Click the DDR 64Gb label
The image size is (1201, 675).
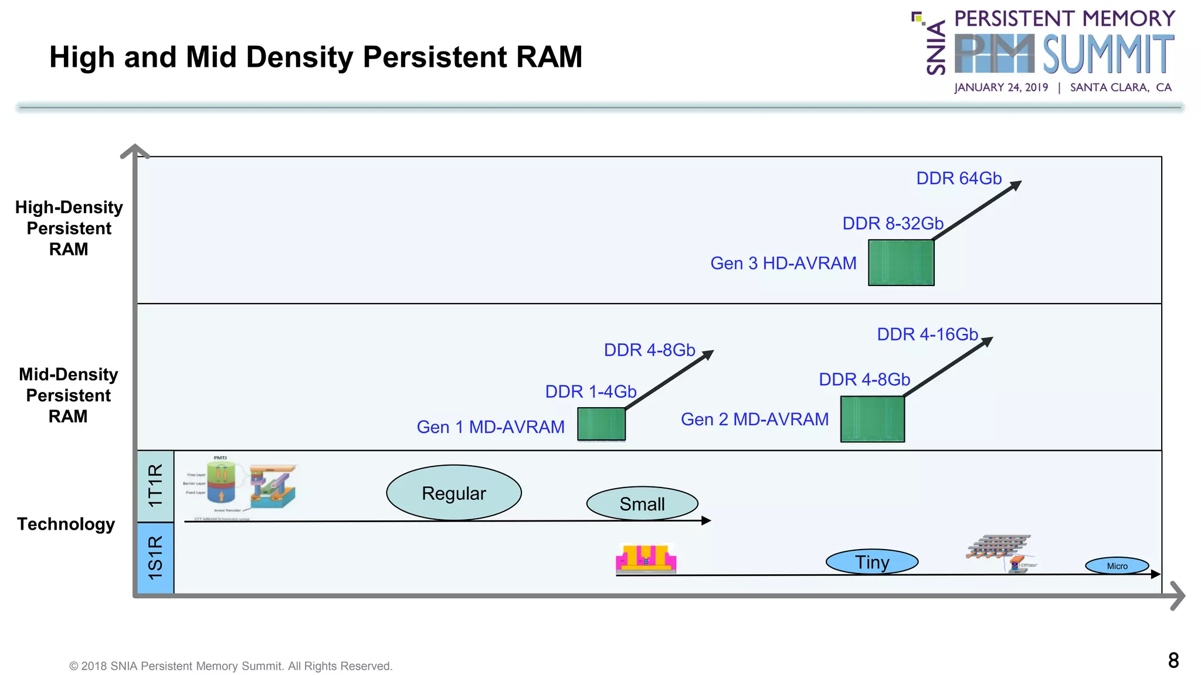(x=958, y=178)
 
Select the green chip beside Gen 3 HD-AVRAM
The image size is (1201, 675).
(x=901, y=262)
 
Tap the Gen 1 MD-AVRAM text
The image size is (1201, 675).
(x=490, y=427)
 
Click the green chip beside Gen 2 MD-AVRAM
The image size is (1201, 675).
(x=872, y=419)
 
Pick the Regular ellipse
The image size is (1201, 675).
(x=453, y=493)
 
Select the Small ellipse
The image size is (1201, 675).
(x=642, y=503)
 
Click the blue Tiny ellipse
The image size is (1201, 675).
(x=871, y=562)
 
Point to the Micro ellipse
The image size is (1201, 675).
(x=1117, y=565)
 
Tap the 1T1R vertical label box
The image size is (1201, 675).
(x=155, y=486)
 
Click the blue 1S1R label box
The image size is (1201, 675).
(x=155, y=558)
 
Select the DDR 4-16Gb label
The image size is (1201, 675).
(x=927, y=335)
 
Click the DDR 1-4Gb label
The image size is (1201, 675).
(x=591, y=391)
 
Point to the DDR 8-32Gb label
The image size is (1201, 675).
(x=893, y=223)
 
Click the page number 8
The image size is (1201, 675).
(x=1173, y=660)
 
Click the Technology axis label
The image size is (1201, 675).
(x=66, y=524)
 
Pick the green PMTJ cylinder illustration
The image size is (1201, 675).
(x=221, y=483)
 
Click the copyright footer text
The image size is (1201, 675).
(x=230, y=666)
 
